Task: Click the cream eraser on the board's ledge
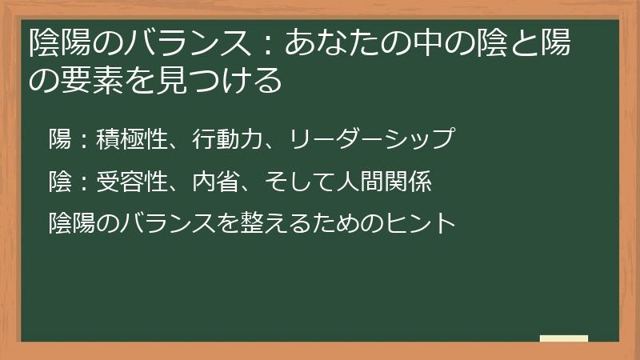point(563,338)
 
